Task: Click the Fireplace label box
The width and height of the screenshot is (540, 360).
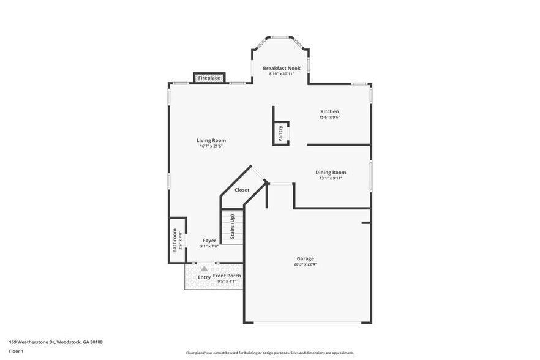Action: point(209,78)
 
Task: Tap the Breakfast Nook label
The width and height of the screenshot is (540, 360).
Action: point(282,68)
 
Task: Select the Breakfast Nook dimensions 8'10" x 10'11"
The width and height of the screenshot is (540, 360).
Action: point(282,74)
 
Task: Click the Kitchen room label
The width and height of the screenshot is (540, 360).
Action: point(329,111)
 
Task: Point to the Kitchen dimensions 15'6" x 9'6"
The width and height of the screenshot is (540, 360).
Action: point(329,118)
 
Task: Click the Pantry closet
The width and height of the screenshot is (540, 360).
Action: point(280,133)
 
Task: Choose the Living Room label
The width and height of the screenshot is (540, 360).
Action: point(211,140)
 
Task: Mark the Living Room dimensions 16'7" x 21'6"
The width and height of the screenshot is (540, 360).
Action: point(211,146)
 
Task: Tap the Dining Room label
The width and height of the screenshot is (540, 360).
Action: point(331,173)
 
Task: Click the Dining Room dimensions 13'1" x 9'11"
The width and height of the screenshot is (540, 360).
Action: point(331,179)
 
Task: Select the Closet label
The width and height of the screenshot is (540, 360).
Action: point(242,190)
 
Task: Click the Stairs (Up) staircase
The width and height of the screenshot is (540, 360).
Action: point(233,227)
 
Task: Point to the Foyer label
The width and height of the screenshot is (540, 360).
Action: point(209,241)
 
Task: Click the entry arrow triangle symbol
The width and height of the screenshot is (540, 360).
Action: point(204,268)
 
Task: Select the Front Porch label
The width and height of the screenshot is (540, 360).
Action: point(227,276)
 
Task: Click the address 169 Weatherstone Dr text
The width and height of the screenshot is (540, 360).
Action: point(56,342)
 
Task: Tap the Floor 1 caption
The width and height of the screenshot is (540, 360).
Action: point(16,351)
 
